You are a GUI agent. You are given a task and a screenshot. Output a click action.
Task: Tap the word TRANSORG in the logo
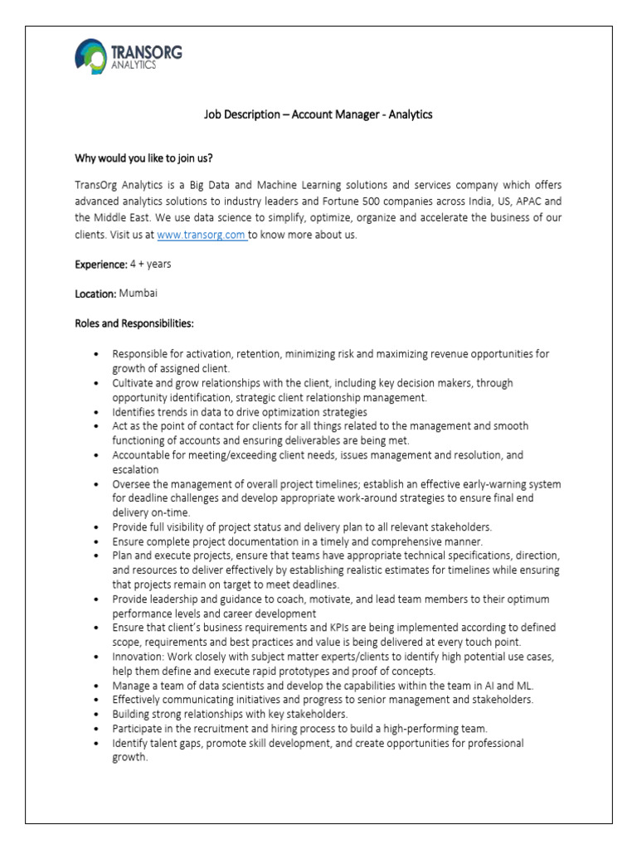tap(146, 52)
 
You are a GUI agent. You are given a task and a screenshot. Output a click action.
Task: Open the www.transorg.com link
tap(202, 235)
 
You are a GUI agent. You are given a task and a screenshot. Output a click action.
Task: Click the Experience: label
tap(100, 264)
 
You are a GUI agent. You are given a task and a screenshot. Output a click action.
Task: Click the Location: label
tap(95, 294)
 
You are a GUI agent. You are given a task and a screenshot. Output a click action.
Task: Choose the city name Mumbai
tap(139, 294)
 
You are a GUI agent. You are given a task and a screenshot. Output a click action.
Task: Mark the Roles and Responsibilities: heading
tap(134, 323)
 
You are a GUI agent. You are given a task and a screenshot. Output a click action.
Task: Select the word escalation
tap(135, 469)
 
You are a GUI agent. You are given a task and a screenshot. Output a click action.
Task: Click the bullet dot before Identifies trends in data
tap(100, 412)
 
